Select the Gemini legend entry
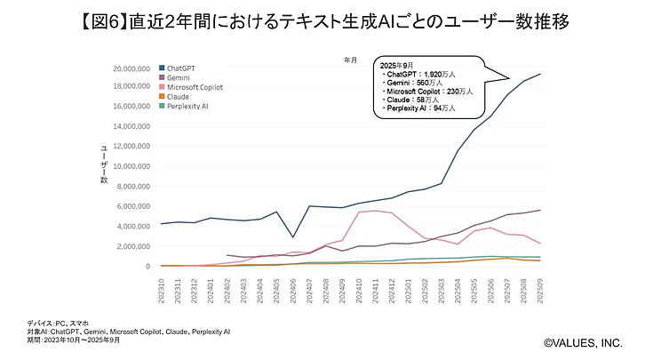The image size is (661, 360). tap(178, 77)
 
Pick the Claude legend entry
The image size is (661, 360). tap(177, 97)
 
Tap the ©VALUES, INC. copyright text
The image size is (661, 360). tap(584, 341)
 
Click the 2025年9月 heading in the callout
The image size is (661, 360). tap(396, 67)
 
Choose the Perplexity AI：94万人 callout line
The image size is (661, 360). tap(418, 108)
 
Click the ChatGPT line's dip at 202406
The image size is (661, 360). tap(291, 237)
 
